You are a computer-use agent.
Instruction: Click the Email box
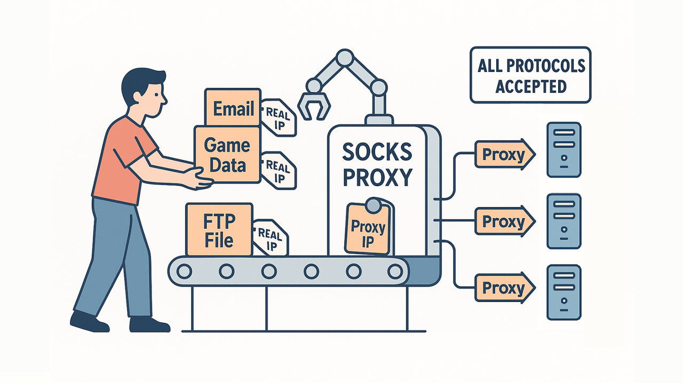pyautogui.click(x=233, y=108)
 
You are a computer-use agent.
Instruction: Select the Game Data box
pyautogui.click(x=227, y=155)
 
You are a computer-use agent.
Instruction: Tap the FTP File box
pyautogui.click(x=219, y=229)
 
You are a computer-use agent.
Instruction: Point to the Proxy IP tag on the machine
pyautogui.click(x=368, y=229)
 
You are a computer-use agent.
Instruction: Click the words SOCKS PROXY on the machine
pyautogui.click(x=377, y=164)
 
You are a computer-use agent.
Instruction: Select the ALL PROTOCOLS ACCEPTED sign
pyautogui.click(x=530, y=75)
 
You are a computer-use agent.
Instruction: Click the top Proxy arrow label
pyautogui.click(x=504, y=155)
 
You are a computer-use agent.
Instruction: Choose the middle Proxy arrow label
pyautogui.click(x=504, y=221)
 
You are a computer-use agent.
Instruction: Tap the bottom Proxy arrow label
pyautogui.click(x=504, y=289)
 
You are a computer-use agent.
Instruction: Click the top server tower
pyautogui.click(x=563, y=149)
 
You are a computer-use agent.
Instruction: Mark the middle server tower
pyautogui.click(x=563, y=221)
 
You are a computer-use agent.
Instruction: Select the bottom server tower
pyautogui.click(x=563, y=292)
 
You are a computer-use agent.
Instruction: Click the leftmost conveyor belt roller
pyautogui.click(x=184, y=272)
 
